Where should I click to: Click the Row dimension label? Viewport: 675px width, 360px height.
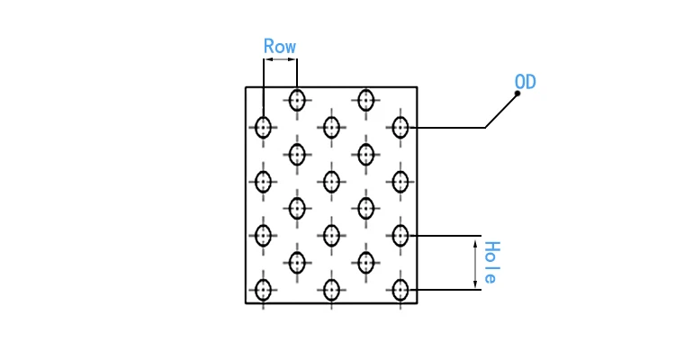[x=279, y=46]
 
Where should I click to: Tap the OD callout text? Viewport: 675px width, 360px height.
[x=526, y=83]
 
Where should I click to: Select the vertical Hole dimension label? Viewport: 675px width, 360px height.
[x=491, y=263]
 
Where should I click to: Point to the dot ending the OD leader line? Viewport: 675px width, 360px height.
[x=517, y=94]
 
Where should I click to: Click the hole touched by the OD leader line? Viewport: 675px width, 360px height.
[x=400, y=128]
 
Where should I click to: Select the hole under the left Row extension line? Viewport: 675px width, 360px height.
[x=263, y=128]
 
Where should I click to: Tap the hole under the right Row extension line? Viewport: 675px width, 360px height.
[x=297, y=100]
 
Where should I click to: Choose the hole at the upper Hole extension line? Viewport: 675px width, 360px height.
[x=400, y=236]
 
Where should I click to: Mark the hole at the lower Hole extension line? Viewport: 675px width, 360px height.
[x=400, y=290]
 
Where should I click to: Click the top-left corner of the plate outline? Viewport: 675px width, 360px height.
[x=246, y=87]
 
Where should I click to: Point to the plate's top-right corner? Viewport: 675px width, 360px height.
[x=417, y=87]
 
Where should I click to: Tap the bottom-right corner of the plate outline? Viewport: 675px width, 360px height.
[x=417, y=303]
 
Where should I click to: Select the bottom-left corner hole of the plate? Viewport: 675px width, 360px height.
[x=263, y=290]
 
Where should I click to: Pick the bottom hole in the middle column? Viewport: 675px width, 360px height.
[x=331, y=290]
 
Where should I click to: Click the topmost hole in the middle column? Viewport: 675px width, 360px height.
[x=331, y=128]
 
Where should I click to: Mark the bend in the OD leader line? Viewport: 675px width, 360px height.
[x=485, y=128]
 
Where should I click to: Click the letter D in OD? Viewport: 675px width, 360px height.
[x=531, y=83]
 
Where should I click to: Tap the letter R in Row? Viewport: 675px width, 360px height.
[x=268, y=46]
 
